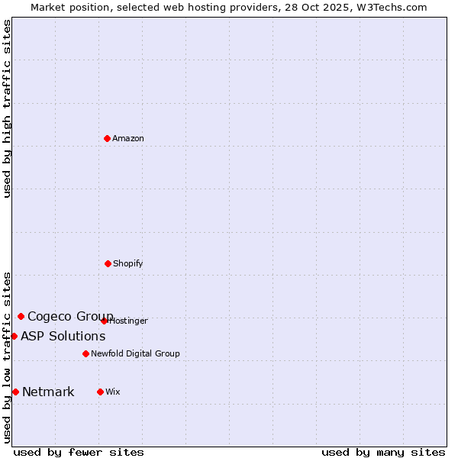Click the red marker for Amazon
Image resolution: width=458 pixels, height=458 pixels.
tap(108, 138)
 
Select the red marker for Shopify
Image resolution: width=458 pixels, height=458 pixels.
tap(108, 263)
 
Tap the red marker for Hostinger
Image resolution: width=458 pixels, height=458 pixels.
tap(104, 321)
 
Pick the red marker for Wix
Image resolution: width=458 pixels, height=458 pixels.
tap(100, 392)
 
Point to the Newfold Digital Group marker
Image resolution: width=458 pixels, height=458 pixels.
tap(85, 353)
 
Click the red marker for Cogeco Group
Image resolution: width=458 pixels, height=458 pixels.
tap(21, 316)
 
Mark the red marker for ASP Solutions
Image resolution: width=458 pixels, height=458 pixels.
tap(14, 336)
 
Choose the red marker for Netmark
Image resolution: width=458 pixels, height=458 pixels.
tap(15, 392)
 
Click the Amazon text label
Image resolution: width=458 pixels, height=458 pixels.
tap(128, 138)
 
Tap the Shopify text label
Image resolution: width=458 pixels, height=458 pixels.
tap(128, 263)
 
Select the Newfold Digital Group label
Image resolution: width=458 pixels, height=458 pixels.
tap(136, 353)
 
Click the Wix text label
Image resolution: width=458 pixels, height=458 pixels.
tap(113, 392)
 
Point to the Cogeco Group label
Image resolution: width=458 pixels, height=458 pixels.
tap(70, 316)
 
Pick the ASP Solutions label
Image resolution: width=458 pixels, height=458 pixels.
tap(63, 336)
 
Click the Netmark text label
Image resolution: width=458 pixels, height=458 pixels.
tap(48, 392)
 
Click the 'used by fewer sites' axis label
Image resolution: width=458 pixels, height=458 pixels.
tap(79, 452)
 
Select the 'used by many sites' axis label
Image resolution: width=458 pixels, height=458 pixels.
tap(383, 452)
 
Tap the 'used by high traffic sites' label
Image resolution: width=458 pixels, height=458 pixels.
tap(7, 108)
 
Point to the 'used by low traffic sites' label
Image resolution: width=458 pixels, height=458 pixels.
tap(7, 357)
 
